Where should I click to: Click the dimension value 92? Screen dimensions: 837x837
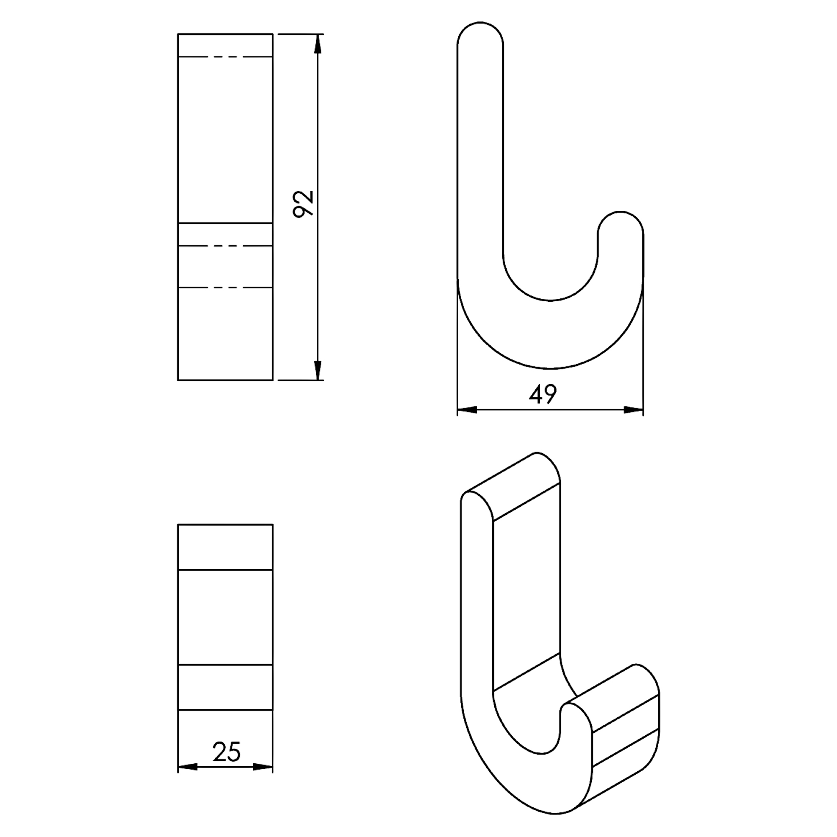pos(303,204)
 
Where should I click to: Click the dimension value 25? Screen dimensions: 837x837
pos(226,752)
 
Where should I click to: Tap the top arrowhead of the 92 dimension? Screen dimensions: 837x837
pos(318,44)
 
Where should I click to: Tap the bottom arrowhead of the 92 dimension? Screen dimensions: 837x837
pos(318,370)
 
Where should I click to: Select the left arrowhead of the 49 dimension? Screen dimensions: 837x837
pos(467,410)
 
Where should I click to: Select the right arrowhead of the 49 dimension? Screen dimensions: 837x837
pos(633,410)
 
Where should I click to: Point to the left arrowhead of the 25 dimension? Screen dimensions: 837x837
pos(187,767)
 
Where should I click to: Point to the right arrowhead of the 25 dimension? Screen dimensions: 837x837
pos(263,767)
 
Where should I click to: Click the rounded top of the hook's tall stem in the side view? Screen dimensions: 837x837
pos(480,23)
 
